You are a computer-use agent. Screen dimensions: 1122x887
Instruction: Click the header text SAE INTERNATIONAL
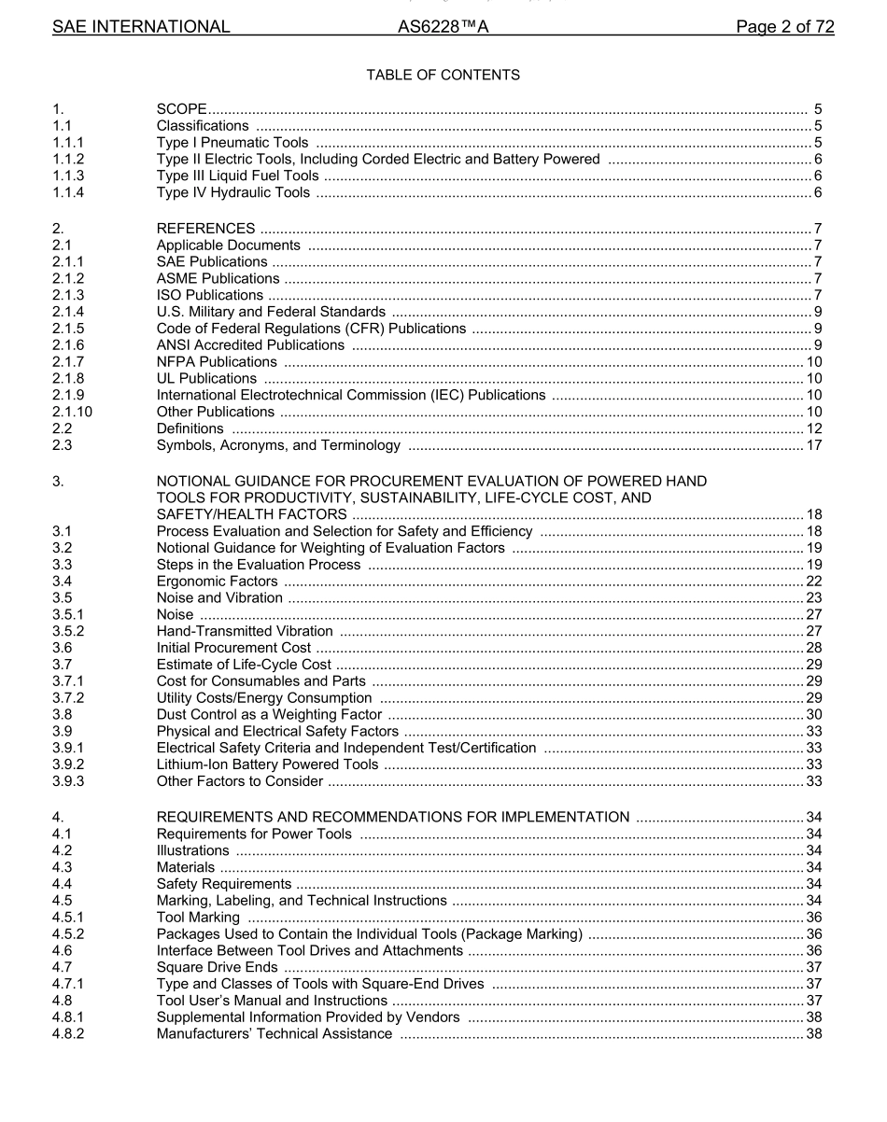click(141, 27)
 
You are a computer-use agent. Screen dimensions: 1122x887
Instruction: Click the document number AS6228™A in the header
click(443, 27)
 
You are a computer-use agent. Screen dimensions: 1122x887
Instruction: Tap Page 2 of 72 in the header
click(784, 27)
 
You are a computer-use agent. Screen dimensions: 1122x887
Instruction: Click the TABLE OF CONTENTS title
click(443, 75)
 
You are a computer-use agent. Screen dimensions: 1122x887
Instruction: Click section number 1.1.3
click(69, 176)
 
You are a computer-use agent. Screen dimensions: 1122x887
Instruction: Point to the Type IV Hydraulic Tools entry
click(232, 193)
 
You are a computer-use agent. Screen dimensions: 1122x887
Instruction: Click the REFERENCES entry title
click(205, 229)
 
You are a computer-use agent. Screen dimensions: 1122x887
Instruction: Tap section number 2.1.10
click(73, 412)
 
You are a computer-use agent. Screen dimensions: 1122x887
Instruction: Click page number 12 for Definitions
click(813, 428)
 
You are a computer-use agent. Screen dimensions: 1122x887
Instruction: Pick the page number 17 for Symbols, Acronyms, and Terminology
click(813, 445)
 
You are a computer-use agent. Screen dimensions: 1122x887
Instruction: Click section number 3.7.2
click(69, 698)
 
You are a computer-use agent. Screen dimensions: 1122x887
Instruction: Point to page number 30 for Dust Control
click(813, 715)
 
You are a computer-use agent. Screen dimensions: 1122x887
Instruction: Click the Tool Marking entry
click(198, 918)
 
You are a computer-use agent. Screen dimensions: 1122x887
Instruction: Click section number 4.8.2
click(69, 1034)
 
